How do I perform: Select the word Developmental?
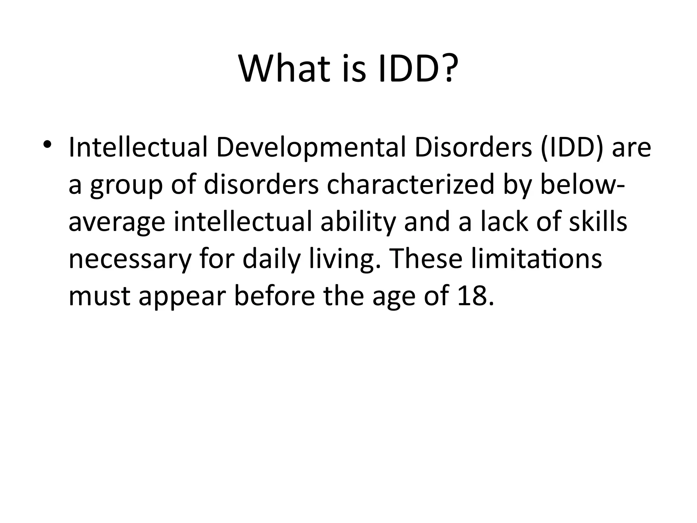(x=311, y=148)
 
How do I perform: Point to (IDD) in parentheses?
(x=572, y=148)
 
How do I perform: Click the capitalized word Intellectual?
(x=138, y=148)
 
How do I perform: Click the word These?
(x=425, y=259)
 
